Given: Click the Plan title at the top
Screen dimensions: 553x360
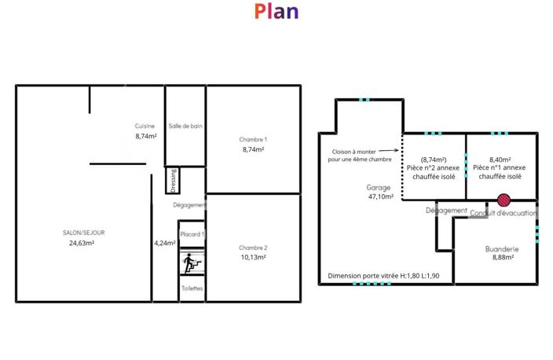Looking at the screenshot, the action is (x=276, y=11).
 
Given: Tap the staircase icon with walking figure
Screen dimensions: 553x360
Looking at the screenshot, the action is (x=192, y=263).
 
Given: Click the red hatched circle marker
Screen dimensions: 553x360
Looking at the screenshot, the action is (x=504, y=200).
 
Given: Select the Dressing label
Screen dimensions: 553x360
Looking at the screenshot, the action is (x=173, y=180).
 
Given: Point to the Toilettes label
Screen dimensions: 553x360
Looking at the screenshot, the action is (x=192, y=288).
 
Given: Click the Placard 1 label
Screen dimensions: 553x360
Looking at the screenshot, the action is (x=192, y=234).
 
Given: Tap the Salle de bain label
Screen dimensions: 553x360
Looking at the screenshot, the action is (x=185, y=126).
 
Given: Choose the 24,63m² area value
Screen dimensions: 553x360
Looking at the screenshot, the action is (x=82, y=243).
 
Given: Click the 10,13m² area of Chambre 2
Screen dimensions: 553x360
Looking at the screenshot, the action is (x=253, y=257).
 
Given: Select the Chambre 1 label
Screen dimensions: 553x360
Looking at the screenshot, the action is (x=253, y=139).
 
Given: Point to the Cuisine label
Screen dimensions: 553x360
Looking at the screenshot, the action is (x=145, y=126).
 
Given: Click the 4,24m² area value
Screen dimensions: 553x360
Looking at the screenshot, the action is (x=165, y=243).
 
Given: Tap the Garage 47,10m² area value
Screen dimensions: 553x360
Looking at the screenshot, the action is (x=381, y=197).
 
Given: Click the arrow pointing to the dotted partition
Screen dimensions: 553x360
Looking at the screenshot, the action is (x=388, y=150).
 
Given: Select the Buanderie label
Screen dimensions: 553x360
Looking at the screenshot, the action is (x=502, y=249).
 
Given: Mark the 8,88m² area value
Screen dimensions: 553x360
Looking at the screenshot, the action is (x=503, y=257).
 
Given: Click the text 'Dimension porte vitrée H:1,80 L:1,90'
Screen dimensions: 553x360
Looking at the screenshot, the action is (x=383, y=276).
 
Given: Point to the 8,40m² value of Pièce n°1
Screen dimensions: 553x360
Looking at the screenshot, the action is (x=500, y=160).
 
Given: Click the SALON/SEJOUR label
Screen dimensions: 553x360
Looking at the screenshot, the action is (x=83, y=233).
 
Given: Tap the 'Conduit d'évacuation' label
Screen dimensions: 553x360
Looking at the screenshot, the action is (x=504, y=213).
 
